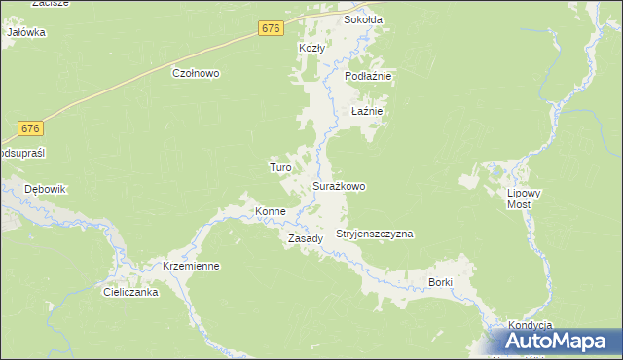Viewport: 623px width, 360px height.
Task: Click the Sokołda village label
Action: (361, 19)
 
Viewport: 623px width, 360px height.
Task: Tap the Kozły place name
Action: (311, 48)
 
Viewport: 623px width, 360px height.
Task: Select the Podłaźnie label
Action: (368, 76)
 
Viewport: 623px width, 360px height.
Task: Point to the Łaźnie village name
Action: (367, 112)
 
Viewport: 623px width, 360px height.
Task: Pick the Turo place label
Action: (280, 167)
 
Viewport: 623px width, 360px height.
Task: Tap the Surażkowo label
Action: (339, 186)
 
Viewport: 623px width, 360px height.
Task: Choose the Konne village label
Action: (270, 211)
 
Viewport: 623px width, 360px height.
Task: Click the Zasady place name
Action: (306, 238)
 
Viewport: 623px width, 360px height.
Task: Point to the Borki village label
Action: (441, 282)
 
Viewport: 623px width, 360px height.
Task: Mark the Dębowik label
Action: (44, 189)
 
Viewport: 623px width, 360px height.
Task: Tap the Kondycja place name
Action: (530, 325)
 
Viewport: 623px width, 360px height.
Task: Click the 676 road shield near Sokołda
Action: (272, 30)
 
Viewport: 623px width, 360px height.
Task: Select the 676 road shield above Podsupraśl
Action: (31, 128)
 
